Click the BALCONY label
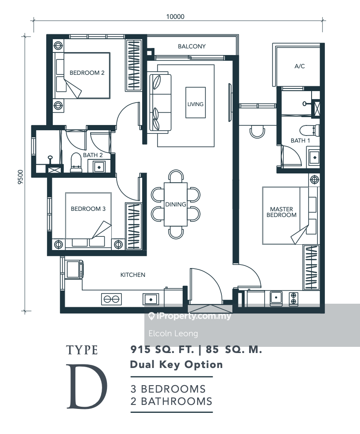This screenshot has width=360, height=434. [191, 46]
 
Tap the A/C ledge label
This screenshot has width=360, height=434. [299, 66]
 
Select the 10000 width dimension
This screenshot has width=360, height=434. [175, 17]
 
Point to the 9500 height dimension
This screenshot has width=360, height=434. [21, 177]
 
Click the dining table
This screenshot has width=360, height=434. [176, 204]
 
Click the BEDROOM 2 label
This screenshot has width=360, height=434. [87, 73]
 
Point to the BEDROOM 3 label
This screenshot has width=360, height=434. [88, 209]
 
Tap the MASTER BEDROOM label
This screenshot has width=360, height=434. [281, 212]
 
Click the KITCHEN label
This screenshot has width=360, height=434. [132, 275]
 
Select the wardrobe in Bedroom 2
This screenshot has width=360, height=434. [134, 65]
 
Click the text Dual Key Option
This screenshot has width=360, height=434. [176, 364]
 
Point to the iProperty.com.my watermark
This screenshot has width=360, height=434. [190, 316]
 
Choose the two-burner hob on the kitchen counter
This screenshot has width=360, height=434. [111, 299]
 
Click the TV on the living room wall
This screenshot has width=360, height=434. [230, 103]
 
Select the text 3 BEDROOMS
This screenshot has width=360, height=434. [168, 389]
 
